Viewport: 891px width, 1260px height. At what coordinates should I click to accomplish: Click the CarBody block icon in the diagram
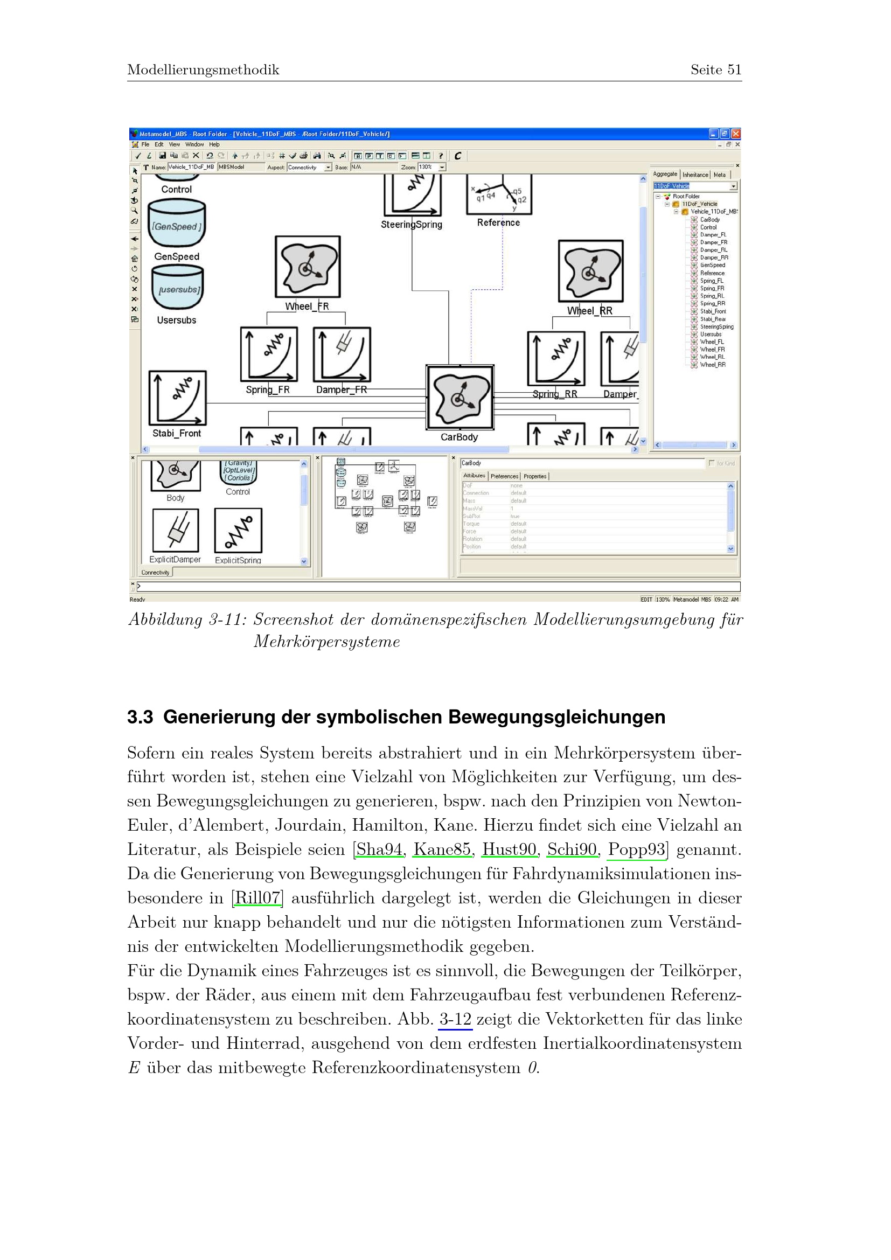[x=460, y=398]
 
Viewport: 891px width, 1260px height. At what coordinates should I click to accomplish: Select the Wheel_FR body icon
[x=307, y=267]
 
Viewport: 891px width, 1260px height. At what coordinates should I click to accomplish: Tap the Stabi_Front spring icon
[x=177, y=398]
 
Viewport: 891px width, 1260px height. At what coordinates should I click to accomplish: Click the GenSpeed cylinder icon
[x=177, y=224]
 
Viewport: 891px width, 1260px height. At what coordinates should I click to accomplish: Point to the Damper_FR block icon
[x=342, y=354]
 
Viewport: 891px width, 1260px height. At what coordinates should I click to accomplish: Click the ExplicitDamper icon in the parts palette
[x=176, y=530]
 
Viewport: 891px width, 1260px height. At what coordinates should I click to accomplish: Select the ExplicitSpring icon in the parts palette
[x=238, y=530]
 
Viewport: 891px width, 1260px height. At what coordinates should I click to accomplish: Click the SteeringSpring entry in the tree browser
[x=716, y=326]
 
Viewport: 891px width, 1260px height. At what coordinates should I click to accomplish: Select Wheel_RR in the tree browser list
[x=712, y=364]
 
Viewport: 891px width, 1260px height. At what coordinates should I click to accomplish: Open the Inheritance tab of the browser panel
[x=695, y=175]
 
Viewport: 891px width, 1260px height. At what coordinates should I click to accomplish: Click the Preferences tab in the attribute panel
[x=504, y=476]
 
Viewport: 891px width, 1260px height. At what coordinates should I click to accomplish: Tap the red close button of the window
[x=736, y=134]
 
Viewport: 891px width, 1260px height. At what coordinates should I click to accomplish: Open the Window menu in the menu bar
[x=194, y=144]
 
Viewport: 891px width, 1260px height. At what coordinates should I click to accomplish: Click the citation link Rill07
[x=257, y=898]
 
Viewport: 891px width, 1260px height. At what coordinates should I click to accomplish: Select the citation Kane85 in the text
[x=442, y=850]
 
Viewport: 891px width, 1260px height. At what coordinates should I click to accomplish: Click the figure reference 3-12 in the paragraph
[x=455, y=1019]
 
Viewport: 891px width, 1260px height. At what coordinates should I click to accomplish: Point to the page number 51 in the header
[x=734, y=69]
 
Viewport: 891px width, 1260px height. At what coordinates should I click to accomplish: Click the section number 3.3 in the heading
[x=140, y=716]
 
